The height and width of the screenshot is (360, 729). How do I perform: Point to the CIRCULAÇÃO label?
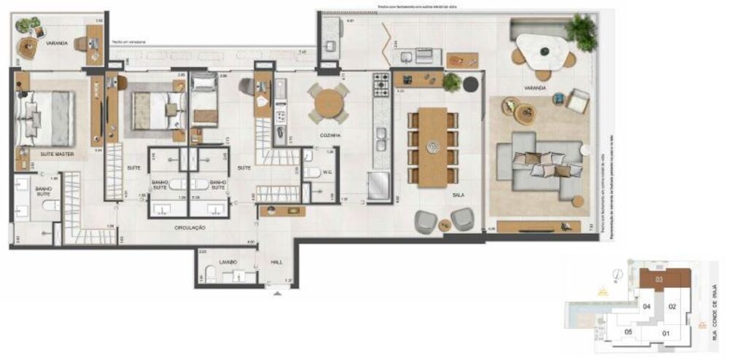point(190,228)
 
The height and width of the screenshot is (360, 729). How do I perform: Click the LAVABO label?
point(229,262)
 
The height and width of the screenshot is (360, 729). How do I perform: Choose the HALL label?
point(276,261)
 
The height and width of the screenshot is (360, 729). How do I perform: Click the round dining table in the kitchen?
point(328,102)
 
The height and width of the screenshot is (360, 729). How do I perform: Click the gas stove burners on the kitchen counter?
point(381,85)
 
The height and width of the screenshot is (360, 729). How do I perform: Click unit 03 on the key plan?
point(659,279)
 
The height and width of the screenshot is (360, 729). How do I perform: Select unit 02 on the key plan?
point(673,307)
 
